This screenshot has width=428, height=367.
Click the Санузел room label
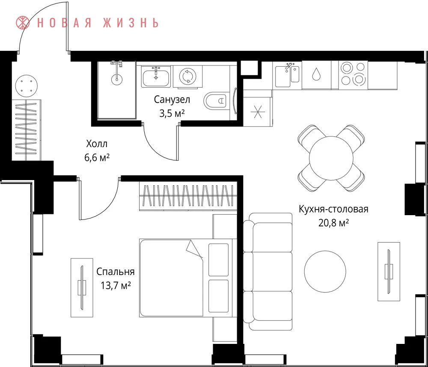pos(172,100)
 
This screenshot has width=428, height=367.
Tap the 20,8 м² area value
pos(333,223)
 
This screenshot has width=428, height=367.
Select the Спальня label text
pos(116,272)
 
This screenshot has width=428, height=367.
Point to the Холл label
pos(97,144)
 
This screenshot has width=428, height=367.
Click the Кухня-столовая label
pos(333,209)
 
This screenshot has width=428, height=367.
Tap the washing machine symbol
pos(188,76)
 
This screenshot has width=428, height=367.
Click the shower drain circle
pos(116,80)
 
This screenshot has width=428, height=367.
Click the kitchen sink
pos(287,75)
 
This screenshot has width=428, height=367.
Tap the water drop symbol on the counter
pos(316,74)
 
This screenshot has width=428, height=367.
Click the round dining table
pos(331,158)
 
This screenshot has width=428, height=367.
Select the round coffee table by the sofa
pos(325,272)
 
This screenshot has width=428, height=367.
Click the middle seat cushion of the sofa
pos(273,272)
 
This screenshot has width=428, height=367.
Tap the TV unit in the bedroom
pos(82,287)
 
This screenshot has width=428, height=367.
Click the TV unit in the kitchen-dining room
pos(389,272)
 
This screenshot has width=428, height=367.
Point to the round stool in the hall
pos(27,86)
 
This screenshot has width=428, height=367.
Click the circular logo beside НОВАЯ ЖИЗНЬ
pos(23,23)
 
